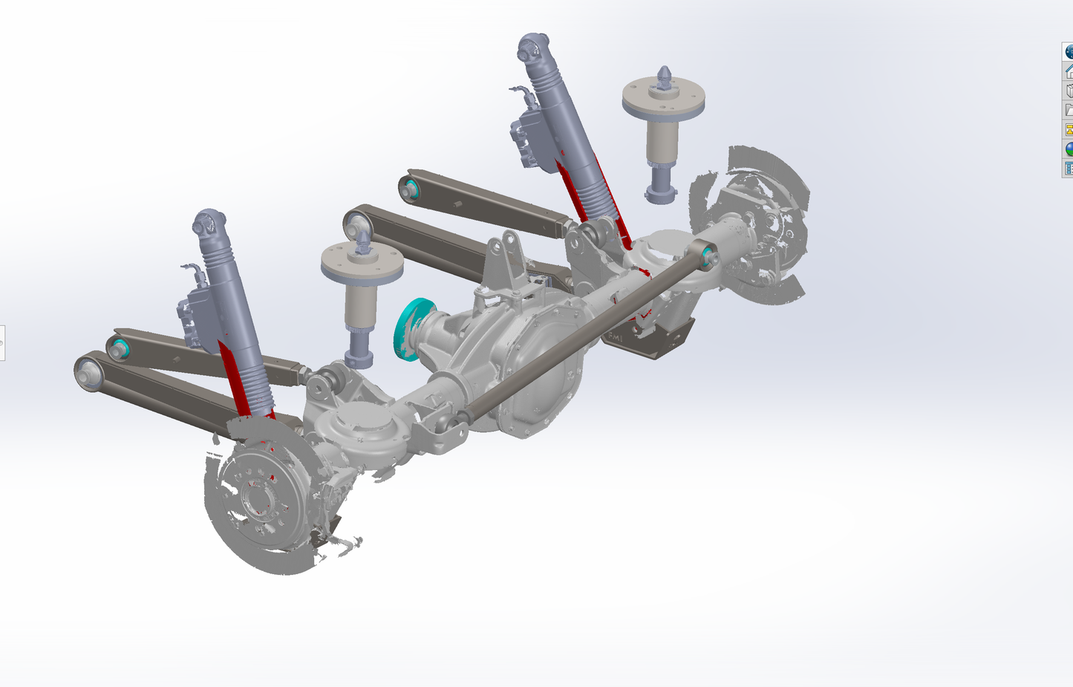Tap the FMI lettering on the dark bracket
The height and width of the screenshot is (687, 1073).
pos(616,338)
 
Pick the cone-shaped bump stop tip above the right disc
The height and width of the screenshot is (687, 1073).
pos(664,75)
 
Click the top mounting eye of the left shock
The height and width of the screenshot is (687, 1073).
pos(209,223)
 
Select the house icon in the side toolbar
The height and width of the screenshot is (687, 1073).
pos(1069,71)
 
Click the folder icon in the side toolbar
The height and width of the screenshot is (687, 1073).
pos(1069,110)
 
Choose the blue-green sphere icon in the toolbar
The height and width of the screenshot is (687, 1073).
pos(1069,149)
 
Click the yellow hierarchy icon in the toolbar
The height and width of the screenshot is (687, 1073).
pos(1069,129)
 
